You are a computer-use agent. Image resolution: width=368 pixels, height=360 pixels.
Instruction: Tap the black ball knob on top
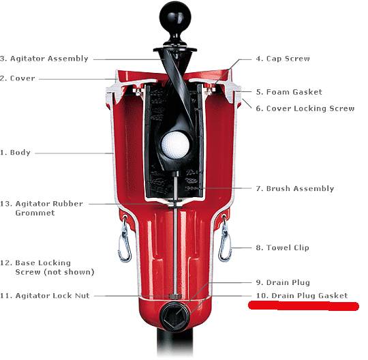[x=175, y=16]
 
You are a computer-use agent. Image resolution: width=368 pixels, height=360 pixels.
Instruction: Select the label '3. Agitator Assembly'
[x=44, y=59]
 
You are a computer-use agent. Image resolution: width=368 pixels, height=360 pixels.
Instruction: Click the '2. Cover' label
[x=18, y=78]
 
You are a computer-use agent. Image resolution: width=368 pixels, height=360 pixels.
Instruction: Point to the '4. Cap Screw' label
[x=283, y=59]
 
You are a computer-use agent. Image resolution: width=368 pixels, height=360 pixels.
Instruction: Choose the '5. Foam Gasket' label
[x=289, y=92]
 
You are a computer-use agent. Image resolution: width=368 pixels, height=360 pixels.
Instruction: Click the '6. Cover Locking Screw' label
[x=305, y=108]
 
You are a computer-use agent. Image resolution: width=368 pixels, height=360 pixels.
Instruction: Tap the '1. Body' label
[x=15, y=153]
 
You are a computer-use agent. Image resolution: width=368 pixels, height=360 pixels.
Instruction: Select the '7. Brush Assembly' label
[x=295, y=189]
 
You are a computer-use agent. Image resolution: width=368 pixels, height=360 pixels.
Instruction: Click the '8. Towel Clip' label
[x=282, y=247]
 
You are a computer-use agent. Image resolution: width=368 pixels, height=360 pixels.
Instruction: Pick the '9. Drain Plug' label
[x=283, y=282]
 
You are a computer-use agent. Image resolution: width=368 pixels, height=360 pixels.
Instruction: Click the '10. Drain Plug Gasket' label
[x=302, y=296]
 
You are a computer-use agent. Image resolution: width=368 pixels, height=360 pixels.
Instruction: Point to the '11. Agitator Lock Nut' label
[x=45, y=296]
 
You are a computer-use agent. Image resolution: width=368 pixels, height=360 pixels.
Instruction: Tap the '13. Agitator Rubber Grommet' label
[x=42, y=209]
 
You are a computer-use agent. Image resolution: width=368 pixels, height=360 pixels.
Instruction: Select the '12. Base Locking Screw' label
[x=47, y=267]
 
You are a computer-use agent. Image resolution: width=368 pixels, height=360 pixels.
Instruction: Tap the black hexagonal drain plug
[x=175, y=316]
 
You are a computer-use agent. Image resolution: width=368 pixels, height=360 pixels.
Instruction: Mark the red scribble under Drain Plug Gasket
[x=303, y=305]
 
